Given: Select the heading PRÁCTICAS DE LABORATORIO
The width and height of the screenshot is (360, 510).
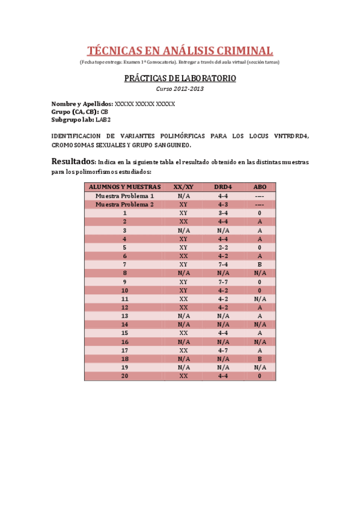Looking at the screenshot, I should [180, 79].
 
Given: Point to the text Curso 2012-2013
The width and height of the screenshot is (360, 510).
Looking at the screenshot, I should [180, 89].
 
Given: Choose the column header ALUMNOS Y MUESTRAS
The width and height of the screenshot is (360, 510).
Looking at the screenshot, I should [124, 187].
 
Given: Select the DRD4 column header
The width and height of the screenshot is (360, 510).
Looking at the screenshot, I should [223, 187].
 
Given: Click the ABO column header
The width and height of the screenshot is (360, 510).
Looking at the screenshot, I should [260, 187].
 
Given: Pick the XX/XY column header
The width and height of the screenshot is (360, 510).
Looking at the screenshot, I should [183, 187].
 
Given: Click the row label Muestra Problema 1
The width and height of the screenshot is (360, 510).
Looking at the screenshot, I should [124, 196].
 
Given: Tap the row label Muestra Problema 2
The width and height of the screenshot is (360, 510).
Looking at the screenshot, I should [124, 204].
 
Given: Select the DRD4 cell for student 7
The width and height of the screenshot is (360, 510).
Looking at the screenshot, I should [223, 265].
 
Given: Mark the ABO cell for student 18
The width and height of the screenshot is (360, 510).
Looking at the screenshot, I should [260, 359].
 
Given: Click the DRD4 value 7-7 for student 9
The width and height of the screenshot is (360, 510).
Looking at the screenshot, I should [223, 281].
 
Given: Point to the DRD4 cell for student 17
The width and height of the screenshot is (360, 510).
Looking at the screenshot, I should [223, 350].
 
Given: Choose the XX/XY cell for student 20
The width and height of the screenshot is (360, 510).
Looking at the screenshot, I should [183, 376].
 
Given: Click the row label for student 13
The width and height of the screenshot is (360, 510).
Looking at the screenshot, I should [124, 316].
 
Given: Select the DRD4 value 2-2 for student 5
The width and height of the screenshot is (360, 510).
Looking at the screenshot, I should [223, 247].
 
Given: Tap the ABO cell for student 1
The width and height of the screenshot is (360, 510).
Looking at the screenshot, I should [260, 213].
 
